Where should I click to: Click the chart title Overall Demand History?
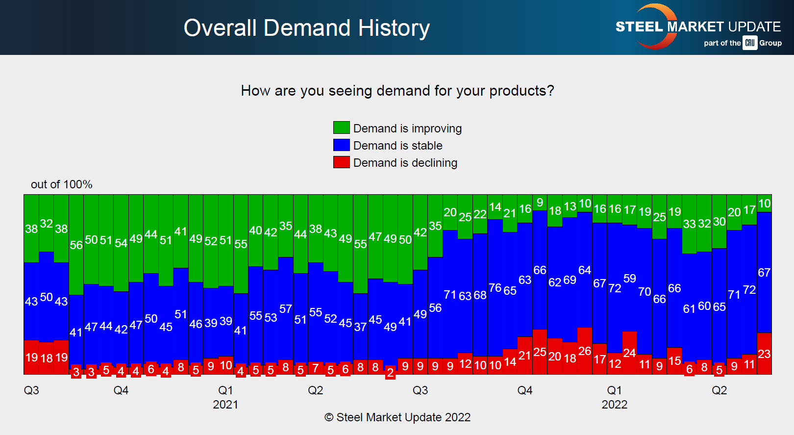(306, 28)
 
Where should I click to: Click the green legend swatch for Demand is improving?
(341, 128)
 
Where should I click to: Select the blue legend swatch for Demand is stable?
(341, 145)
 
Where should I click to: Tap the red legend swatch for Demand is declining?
(341, 162)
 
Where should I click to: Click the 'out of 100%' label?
(61, 184)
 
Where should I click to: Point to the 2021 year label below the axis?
(225, 405)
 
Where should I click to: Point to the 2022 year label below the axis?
(614, 405)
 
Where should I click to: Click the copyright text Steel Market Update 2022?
(397, 417)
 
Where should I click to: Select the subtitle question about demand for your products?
(397, 91)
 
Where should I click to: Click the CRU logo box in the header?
(750, 43)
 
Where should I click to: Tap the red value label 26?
(584, 351)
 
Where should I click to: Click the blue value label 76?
(495, 288)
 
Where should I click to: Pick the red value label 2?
(390, 373)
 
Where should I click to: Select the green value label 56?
(76, 245)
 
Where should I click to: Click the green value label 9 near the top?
(540, 203)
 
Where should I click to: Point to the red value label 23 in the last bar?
(764, 354)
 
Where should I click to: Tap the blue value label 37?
(360, 327)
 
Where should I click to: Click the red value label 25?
(540, 352)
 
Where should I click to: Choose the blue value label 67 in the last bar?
(764, 273)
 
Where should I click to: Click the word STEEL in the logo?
(639, 26)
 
